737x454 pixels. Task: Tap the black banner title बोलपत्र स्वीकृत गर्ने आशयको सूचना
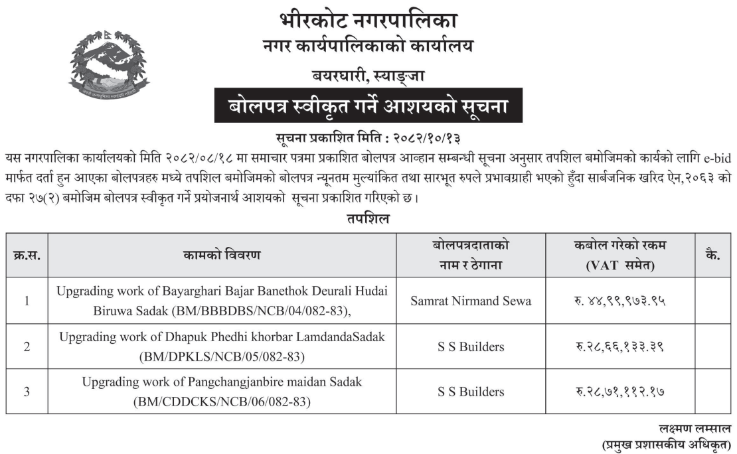pos(368,106)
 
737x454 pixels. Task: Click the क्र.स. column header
pos(27,255)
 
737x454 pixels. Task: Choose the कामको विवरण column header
pos(222,255)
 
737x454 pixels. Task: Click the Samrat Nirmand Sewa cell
pos(471,301)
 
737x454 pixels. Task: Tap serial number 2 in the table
pos(27,346)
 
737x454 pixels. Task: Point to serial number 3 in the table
pos(27,392)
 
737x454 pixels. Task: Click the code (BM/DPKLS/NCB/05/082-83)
pos(222,356)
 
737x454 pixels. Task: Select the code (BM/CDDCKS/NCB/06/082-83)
pos(222,402)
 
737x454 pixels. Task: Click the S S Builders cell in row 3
pos(471,392)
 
